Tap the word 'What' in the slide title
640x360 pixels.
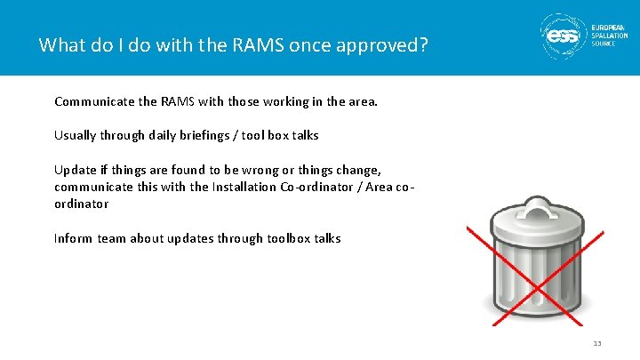pos(60,44)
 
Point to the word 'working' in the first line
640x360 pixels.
pos(285,101)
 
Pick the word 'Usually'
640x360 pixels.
pos(75,136)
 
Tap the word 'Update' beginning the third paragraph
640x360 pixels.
pos(74,170)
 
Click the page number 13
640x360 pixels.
pos(597,344)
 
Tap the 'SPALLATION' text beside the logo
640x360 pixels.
pos(612,36)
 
